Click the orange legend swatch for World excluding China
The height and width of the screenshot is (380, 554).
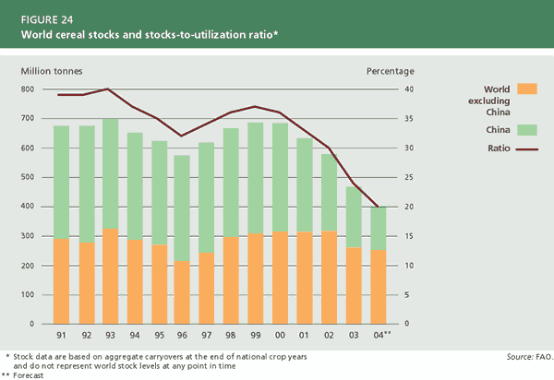(x=527, y=89)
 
